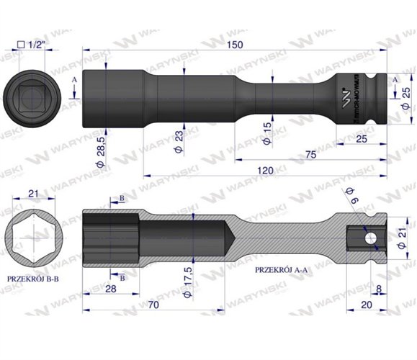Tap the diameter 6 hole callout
click(x=351, y=196)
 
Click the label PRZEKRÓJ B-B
click(x=34, y=276)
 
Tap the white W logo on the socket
click(x=345, y=94)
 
